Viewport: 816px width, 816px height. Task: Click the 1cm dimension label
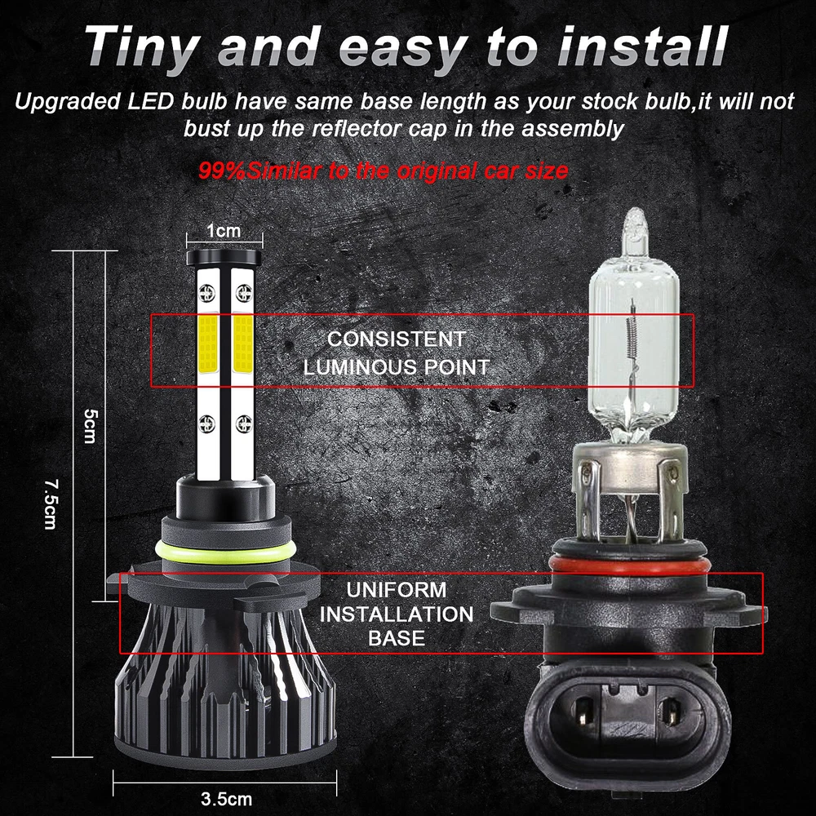coord(224,230)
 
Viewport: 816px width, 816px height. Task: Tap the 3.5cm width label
coord(226,798)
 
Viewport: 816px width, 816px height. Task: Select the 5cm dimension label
coord(90,425)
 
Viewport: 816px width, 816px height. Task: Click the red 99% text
coord(221,171)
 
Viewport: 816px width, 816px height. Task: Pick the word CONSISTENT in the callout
coord(397,339)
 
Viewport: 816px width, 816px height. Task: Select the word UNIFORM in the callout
coord(397,590)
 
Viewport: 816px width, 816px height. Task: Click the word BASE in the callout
coord(397,639)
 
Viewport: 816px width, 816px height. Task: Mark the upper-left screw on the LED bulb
coord(206,292)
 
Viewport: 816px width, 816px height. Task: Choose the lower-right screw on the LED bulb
coord(243,424)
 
